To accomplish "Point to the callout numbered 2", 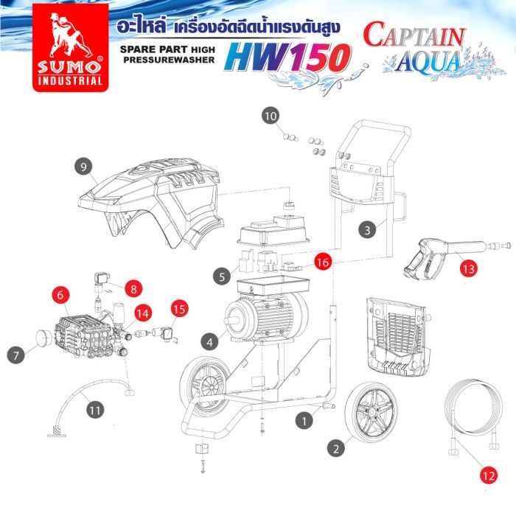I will click(x=335, y=447).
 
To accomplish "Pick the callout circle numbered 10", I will click(x=271, y=116).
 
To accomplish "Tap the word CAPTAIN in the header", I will click(x=415, y=37).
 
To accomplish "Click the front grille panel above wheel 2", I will click(x=399, y=336).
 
